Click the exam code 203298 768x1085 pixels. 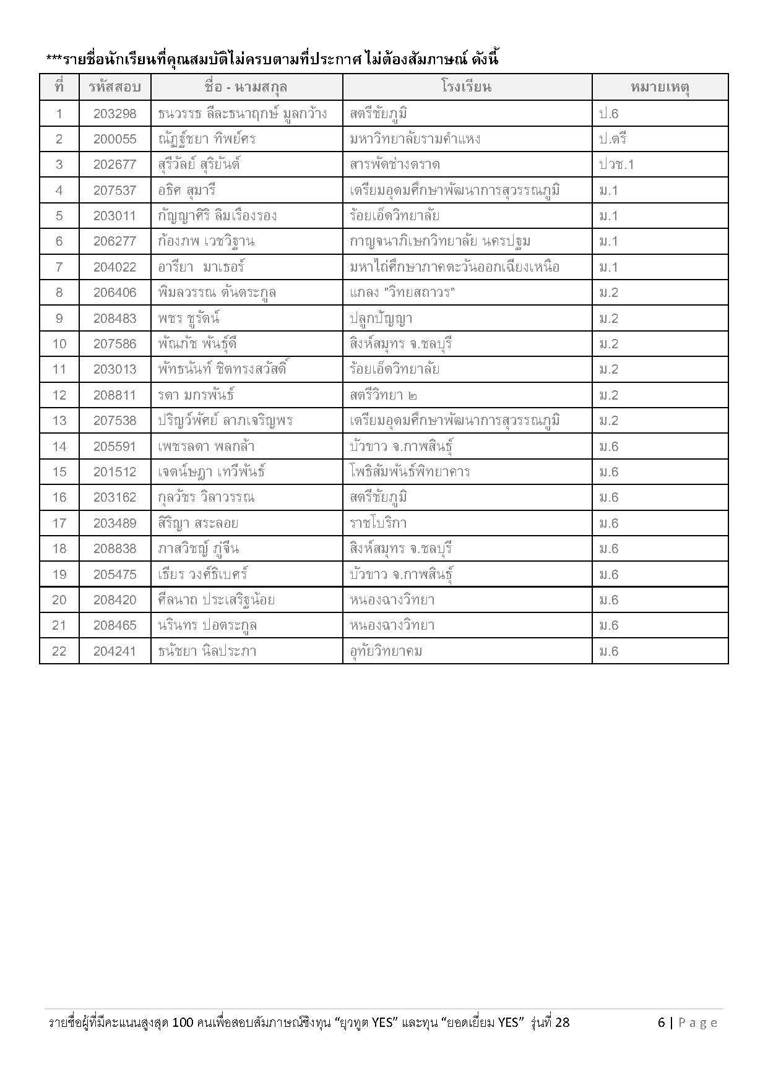coord(114,114)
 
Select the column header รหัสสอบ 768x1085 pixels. coord(114,87)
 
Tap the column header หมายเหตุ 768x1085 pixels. coord(660,87)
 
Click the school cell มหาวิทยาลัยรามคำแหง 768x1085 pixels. coord(415,139)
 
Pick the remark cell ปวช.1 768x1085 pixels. coord(616,165)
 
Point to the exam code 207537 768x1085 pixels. coord(114,191)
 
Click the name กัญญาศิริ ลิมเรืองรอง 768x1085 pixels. coord(217,217)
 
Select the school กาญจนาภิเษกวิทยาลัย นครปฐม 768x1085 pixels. coord(440,242)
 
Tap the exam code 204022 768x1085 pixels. coord(114,267)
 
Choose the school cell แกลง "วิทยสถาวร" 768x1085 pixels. coord(402,293)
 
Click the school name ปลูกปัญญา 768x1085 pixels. coord(381,319)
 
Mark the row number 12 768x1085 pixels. coord(59,395)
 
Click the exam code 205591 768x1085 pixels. coord(114,447)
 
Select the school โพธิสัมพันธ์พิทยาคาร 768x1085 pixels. coord(410,472)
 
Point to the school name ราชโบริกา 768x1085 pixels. coord(378,523)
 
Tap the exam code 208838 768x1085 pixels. coord(114,549)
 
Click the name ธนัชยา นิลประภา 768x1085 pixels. coord(207,651)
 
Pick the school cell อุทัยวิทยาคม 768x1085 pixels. coord(386,651)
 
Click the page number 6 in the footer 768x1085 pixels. coord(661,1023)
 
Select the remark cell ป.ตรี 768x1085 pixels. coord(613,139)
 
